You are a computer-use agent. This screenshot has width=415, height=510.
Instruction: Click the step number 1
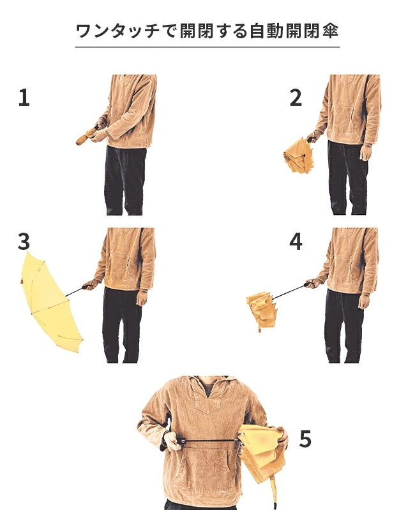pos(24,98)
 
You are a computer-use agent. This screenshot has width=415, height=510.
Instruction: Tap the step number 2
pos(296,98)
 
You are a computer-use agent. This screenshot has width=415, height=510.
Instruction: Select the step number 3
pos(24,242)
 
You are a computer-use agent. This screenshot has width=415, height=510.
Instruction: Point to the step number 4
pos(296,242)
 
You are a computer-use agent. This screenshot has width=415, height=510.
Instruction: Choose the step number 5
pos(305,439)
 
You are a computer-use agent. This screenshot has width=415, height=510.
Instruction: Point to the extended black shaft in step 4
pos(290,291)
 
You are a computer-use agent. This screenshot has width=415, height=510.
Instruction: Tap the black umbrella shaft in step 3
pos(74,292)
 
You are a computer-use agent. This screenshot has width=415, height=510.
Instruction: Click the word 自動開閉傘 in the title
pos(294,31)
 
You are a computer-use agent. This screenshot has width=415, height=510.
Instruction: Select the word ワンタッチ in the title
pos(117,31)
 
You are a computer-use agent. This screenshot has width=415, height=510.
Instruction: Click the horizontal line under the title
pos(207,47)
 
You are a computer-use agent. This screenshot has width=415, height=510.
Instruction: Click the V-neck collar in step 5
pos(206,395)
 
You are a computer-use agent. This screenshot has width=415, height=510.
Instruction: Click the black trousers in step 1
pos(125,180)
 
